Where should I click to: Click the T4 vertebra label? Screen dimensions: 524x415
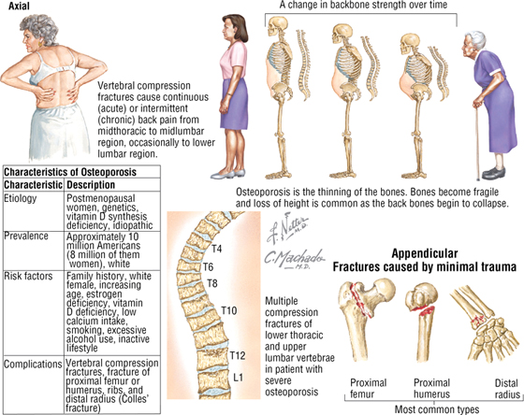click(216, 249)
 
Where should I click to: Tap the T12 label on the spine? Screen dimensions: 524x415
click(238, 355)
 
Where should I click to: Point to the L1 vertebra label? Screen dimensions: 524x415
click(238, 378)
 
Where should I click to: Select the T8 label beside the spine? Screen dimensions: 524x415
click(212, 283)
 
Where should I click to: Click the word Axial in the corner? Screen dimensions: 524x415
click(19, 6)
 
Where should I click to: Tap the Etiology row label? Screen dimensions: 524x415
click(20, 199)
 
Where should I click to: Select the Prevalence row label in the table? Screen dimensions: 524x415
click(26, 236)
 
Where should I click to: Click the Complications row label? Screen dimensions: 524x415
click(33, 365)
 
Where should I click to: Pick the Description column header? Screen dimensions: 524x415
click(91, 185)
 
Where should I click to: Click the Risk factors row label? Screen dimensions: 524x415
click(28, 276)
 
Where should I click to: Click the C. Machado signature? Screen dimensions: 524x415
click(294, 260)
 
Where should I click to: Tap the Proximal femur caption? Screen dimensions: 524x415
click(369, 388)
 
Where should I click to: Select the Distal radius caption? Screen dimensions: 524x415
click(507, 388)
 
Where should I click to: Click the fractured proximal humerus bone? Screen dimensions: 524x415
click(421, 321)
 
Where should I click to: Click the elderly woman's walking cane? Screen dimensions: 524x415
click(477, 141)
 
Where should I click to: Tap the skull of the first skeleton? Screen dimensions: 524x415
click(277, 26)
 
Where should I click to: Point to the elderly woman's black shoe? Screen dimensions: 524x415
click(493, 174)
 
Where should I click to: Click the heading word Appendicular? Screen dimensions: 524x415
click(425, 253)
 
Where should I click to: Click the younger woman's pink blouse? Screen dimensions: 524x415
click(233, 60)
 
